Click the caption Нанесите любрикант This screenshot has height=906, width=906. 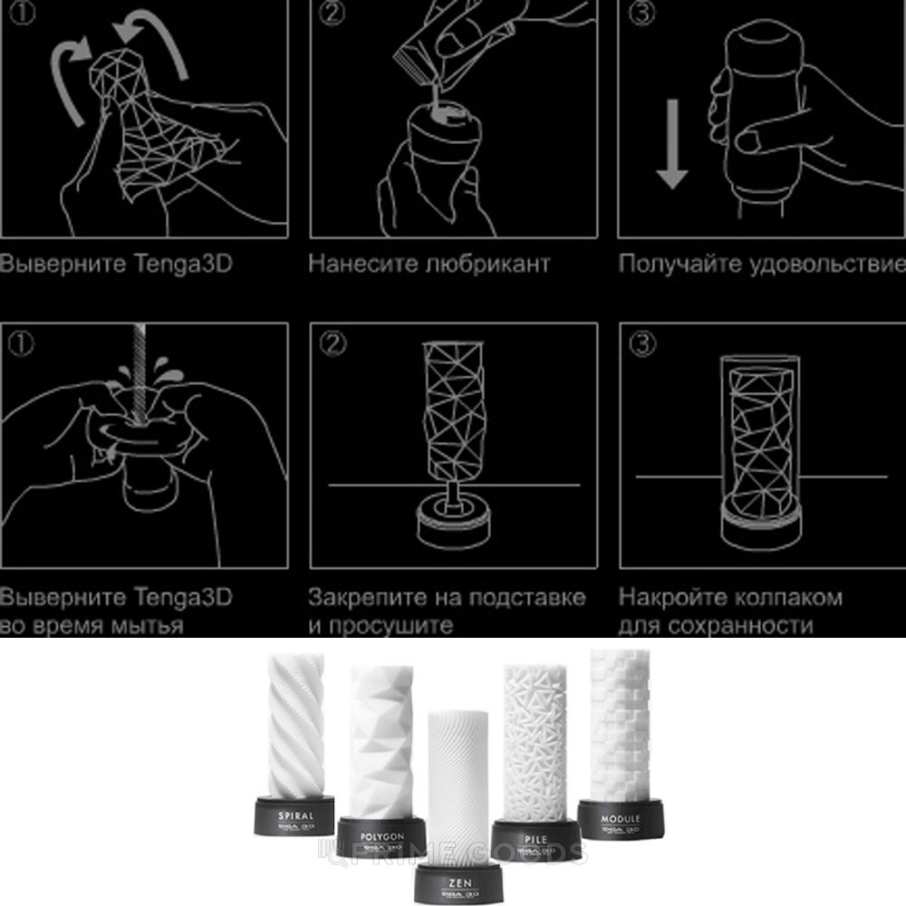[x=429, y=265]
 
